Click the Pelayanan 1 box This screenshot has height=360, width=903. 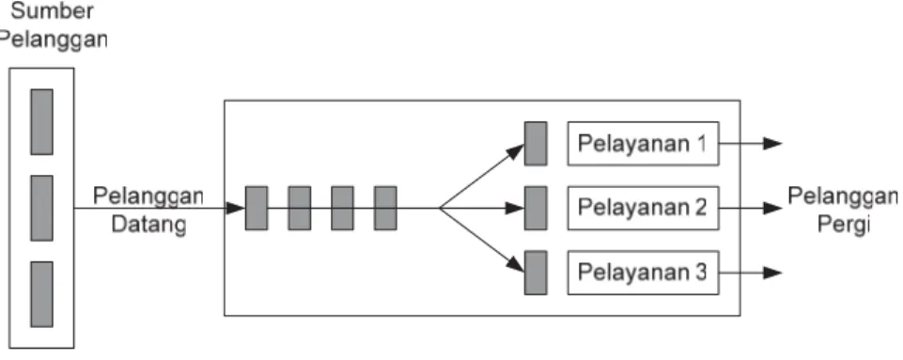[643, 144]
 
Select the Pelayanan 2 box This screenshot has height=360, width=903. [643, 208]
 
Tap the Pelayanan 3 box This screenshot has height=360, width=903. [643, 273]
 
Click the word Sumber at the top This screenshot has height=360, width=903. [53, 11]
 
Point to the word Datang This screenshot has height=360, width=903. [148, 225]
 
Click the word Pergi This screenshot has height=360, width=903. [843, 224]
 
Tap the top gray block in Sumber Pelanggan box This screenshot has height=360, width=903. [41, 121]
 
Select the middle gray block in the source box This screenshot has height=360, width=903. [41, 208]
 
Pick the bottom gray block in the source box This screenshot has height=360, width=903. [41, 294]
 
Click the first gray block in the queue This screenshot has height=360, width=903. [257, 208]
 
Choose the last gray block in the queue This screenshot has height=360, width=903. [385, 208]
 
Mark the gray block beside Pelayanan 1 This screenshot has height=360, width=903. [536, 144]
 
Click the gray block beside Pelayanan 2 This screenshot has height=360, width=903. [536, 208]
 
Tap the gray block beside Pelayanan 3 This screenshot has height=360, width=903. [536, 273]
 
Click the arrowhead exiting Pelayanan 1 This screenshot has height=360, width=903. [772, 144]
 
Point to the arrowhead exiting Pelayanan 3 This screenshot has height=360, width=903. [772, 273]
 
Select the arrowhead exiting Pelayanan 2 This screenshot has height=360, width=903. [772, 208]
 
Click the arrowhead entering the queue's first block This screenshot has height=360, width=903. [236, 208]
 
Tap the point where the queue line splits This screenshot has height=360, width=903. [440, 208]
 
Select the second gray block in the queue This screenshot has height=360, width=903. [300, 208]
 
